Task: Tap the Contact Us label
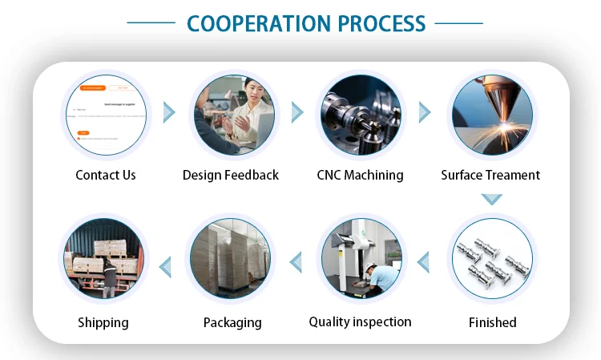tap(106, 175)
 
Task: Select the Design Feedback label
tap(231, 175)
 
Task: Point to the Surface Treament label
tap(490, 175)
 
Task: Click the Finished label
tap(492, 322)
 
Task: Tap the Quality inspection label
tap(360, 322)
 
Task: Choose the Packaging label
tap(232, 322)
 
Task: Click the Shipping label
tap(103, 322)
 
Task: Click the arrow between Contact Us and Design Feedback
tap(169, 112)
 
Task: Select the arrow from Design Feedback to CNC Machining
tap(297, 112)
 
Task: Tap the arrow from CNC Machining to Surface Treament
tap(425, 112)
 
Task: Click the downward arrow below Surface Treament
tap(491, 197)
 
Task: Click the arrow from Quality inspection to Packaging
tap(296, 261)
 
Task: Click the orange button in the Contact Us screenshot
tap(83, 132)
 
